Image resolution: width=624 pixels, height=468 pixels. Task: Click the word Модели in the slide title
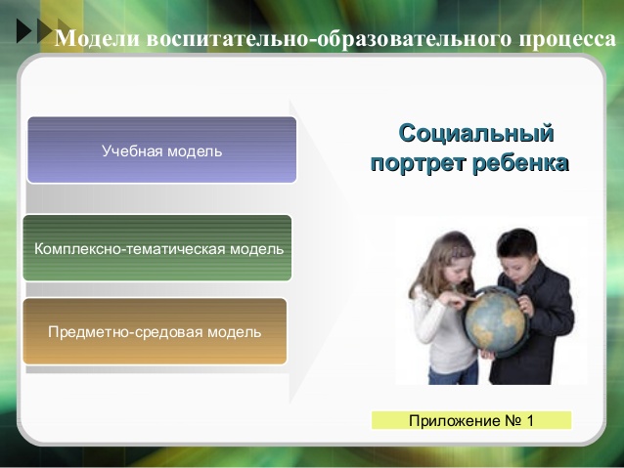(x=98, y=39)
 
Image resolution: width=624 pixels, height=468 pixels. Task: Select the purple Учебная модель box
(x=161, y=149)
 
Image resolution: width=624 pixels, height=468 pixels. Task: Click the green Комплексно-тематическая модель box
(x=157, y=248)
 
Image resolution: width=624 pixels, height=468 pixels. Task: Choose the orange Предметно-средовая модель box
(x=155, y=331)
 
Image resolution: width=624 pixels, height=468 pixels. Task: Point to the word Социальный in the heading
(x=476, y=133)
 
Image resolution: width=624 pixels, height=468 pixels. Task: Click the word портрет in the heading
(x=419, y=164)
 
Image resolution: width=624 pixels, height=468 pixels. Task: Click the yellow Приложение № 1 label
(x=471, y=420)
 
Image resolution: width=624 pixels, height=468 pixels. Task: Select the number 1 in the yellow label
(x=530, y=420)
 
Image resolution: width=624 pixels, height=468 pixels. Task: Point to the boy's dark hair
(x=516, y=243)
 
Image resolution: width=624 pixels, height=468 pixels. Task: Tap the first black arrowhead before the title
(x=23, y=30)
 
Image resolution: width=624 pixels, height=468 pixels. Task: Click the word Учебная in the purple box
(x=132, y=151)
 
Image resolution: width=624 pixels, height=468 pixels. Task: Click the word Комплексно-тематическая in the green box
(x=130, y=249)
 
